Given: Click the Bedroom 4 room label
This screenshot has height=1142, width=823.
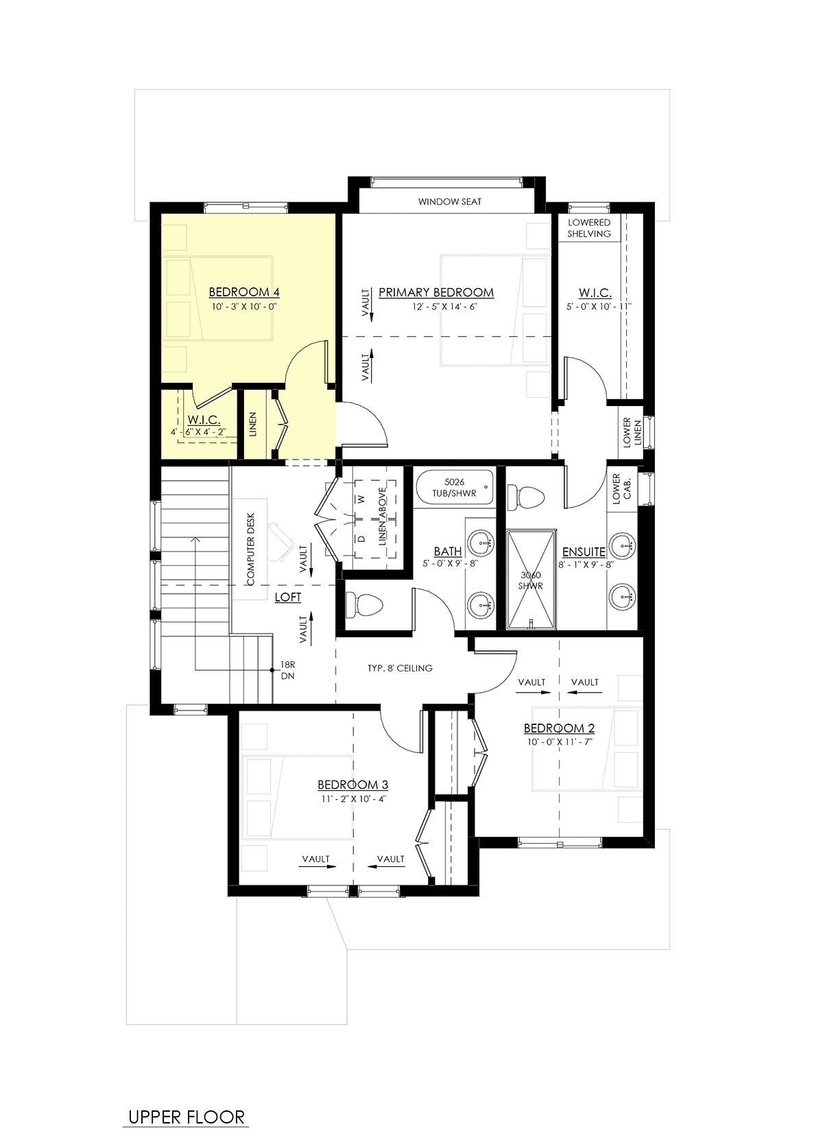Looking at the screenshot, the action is (x=244, y=292).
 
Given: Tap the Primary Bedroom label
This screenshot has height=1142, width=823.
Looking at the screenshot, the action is (x=436, y=293).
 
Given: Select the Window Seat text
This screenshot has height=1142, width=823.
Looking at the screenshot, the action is (x=450, y=202).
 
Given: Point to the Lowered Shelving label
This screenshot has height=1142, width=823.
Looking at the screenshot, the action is (x=589, y=228).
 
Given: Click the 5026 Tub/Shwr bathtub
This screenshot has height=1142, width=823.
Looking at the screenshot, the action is (x=455, y=488).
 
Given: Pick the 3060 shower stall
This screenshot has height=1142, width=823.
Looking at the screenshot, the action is (x=530, y=580).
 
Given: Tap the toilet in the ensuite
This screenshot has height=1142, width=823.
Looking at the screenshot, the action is (x=526, y=497).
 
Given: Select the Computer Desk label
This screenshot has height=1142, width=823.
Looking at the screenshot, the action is (x=250, y=549).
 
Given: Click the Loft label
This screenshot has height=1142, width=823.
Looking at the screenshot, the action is (x=288, y=597).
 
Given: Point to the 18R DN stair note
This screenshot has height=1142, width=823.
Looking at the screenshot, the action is (x=287, y=670).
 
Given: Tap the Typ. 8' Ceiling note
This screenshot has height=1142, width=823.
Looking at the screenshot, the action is (x=400, y=668).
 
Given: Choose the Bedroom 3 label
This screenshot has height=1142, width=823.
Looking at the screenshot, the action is (x=353, y=785).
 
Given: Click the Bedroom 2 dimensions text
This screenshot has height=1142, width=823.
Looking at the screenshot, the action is (x=560, y=742).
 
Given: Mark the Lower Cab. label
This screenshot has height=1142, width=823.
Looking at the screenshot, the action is (x=622, y=488).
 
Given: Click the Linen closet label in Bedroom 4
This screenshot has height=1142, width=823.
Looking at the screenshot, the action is (x=253, y=424).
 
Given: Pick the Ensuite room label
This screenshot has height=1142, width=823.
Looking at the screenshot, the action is (x=584, y=551).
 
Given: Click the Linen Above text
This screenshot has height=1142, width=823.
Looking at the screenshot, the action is (x=383, y=516).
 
